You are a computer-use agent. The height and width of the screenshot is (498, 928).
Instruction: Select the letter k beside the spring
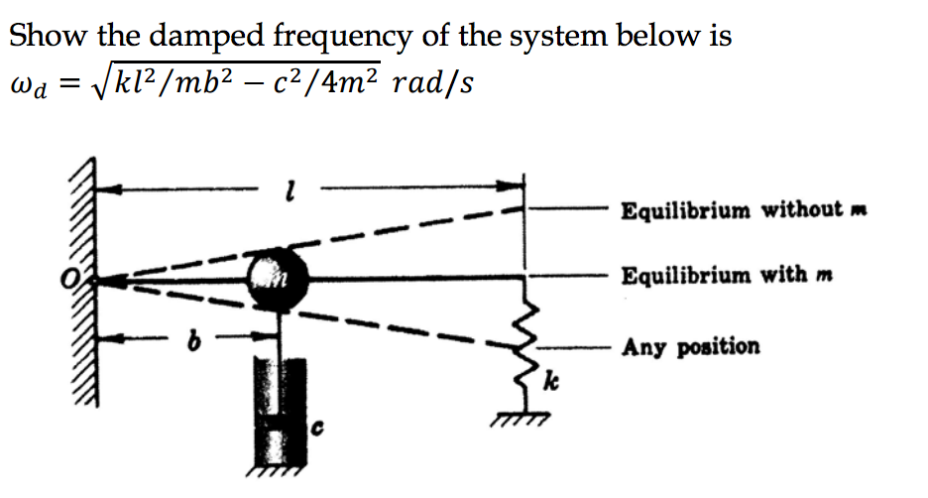pyautogui.click(x=550, y=381)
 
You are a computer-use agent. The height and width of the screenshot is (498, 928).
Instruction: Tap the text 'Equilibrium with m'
pyautogui.click(x=726, y=275)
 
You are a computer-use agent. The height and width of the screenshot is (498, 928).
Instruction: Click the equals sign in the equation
pyautogui.click(x=65, y=84)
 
